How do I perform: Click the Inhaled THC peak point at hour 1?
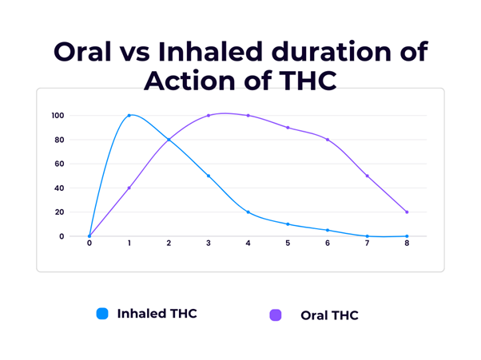pos(129,116)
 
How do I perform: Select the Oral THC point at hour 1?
pos(129,188)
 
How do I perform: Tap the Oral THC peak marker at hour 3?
pos(209,116)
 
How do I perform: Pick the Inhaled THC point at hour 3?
pos(209,176)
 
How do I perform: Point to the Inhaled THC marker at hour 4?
pos(248,212)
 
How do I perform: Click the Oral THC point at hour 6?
pos(328,140)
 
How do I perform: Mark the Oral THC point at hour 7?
pos(368,176)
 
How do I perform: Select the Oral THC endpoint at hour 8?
pos(407,212)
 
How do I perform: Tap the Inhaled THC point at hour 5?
pos(288,224)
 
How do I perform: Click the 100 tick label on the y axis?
pos(58,116)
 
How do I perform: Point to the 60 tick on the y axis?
pos(59,164)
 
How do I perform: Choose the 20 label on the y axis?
pos(59,212)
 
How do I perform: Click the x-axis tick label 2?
pos(169,244)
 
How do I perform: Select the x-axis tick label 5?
pos(288,244)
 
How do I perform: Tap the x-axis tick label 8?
pos(407,244)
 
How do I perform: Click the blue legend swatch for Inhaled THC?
pos(102,314)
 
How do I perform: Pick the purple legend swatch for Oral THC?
pos(276,315)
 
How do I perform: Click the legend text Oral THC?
pos(329,315)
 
